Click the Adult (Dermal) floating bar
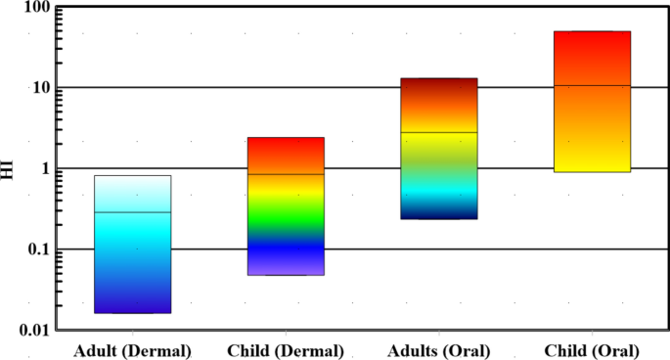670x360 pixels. point(133,245)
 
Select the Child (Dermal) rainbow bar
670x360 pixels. point(286,206)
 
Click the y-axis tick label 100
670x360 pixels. point(36,9)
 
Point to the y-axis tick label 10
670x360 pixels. point(40,88)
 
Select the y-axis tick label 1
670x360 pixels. point(45,169)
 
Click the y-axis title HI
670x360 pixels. point(9,169)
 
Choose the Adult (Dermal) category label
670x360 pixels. point(132,349)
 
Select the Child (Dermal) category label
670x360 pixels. point(286,349)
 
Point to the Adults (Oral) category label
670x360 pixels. point(439,349)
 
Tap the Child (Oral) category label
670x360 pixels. point(593,349)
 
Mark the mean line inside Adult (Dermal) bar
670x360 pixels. point(133,211)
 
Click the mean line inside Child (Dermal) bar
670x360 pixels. point(286,174)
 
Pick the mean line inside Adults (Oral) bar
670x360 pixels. point(439,132)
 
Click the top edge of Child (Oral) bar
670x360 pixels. point(592,31)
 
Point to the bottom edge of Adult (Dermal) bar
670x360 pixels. point(133,313)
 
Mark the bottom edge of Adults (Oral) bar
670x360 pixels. point(439,218)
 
